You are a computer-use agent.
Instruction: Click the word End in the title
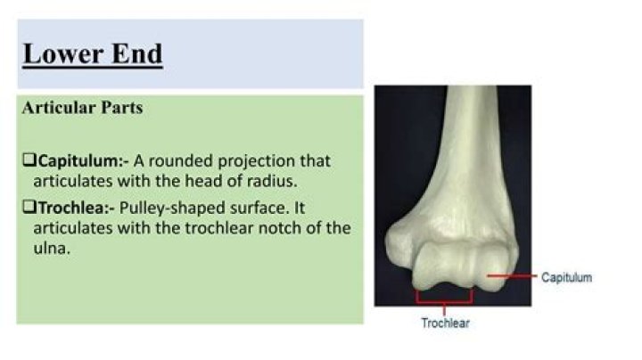tap(134, 53)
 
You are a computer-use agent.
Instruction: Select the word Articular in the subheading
tap(54, 108)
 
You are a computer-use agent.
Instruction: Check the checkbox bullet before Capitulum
tap(28, 161)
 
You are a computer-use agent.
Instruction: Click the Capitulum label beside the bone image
tap(566, 278)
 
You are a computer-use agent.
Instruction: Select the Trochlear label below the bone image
tap(445, 323)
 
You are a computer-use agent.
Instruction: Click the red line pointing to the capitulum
tap(509, 277)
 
